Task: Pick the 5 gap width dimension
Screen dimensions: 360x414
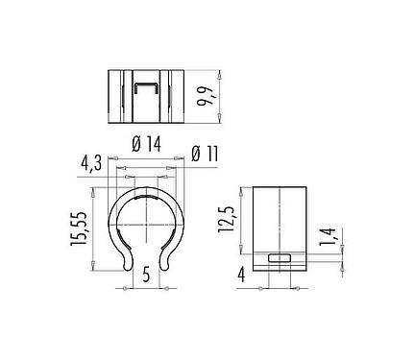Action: click(146, 275)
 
